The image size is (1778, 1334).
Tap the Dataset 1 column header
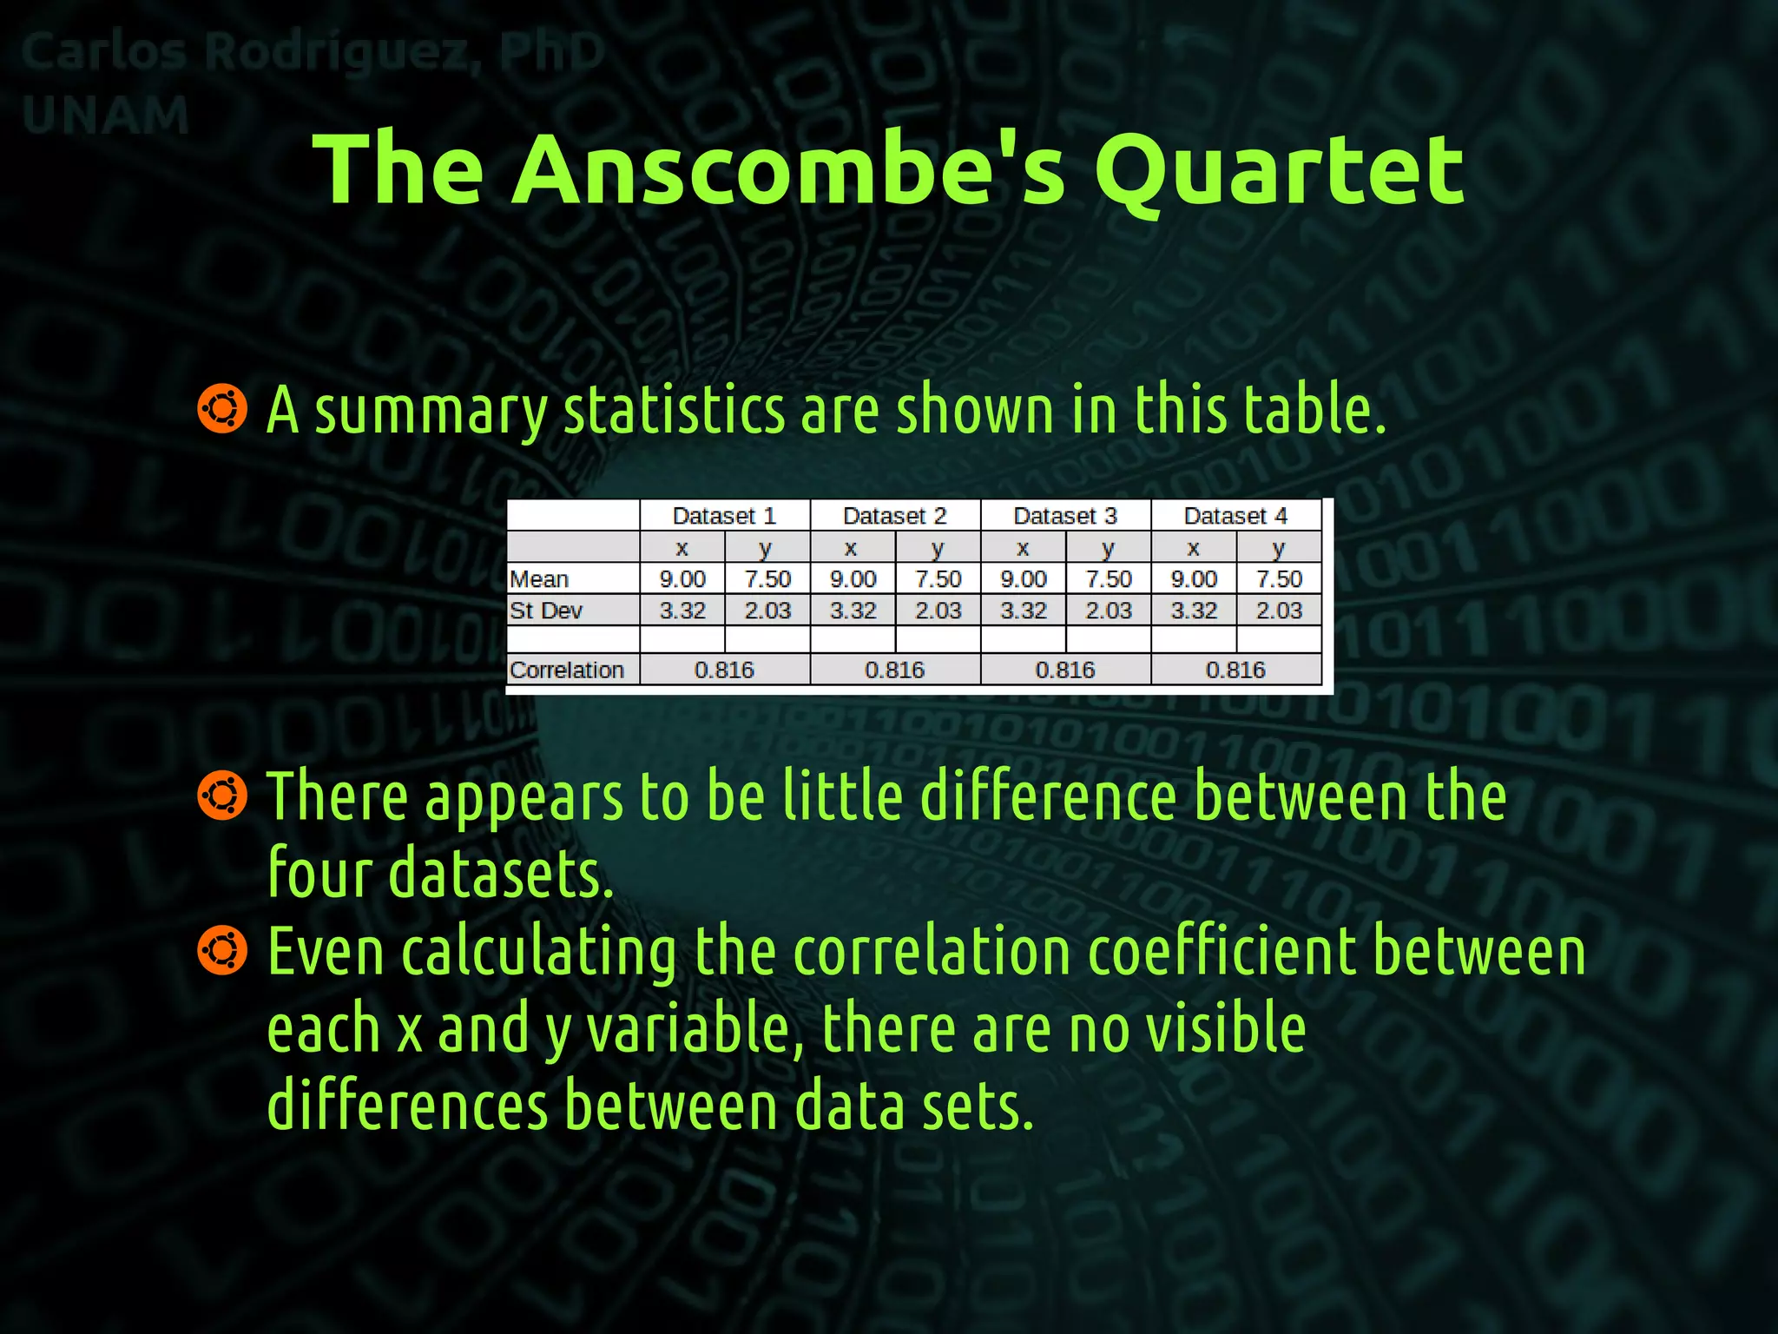(x=724, y=516)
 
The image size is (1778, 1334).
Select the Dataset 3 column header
(x=1065, y=516)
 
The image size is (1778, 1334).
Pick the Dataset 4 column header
(x=1235, y=516)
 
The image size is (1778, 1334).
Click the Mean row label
(x=539, y=579)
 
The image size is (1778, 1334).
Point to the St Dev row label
(x=546, y=611)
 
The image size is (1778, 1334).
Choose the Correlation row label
(x=567, y=670)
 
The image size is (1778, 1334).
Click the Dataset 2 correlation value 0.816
(x=894, y=670)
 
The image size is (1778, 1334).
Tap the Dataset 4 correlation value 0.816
(x=1235, y=670)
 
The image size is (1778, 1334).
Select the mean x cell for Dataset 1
(x=682, y=579)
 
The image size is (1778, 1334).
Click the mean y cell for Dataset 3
(x=1109, y=579)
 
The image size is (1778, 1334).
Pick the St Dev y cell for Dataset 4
(x=1279, y=611)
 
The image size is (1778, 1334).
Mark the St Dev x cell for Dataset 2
(x=853, y=611)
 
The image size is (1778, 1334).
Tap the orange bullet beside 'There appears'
(x=222, y=795)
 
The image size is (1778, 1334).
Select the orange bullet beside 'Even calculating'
(x=222, y=949)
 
